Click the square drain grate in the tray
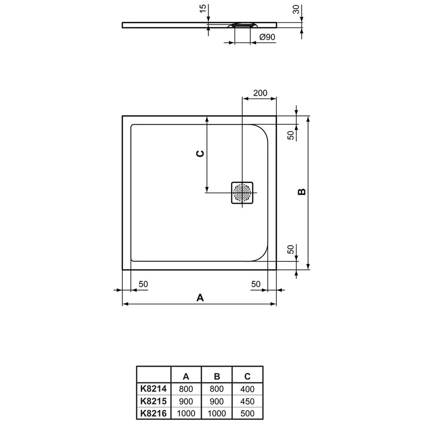click(x=242, y=193)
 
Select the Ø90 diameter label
click(x=267, y=37)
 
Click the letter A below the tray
click(x=200, y=298)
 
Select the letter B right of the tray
click(x=301, y=192)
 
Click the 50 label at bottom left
click(x=143, y=284)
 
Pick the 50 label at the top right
click(x=291, y=134)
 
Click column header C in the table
click(x=247, y=376)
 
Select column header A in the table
click(x=185, y=376)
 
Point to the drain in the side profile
click(x=242, y=25)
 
